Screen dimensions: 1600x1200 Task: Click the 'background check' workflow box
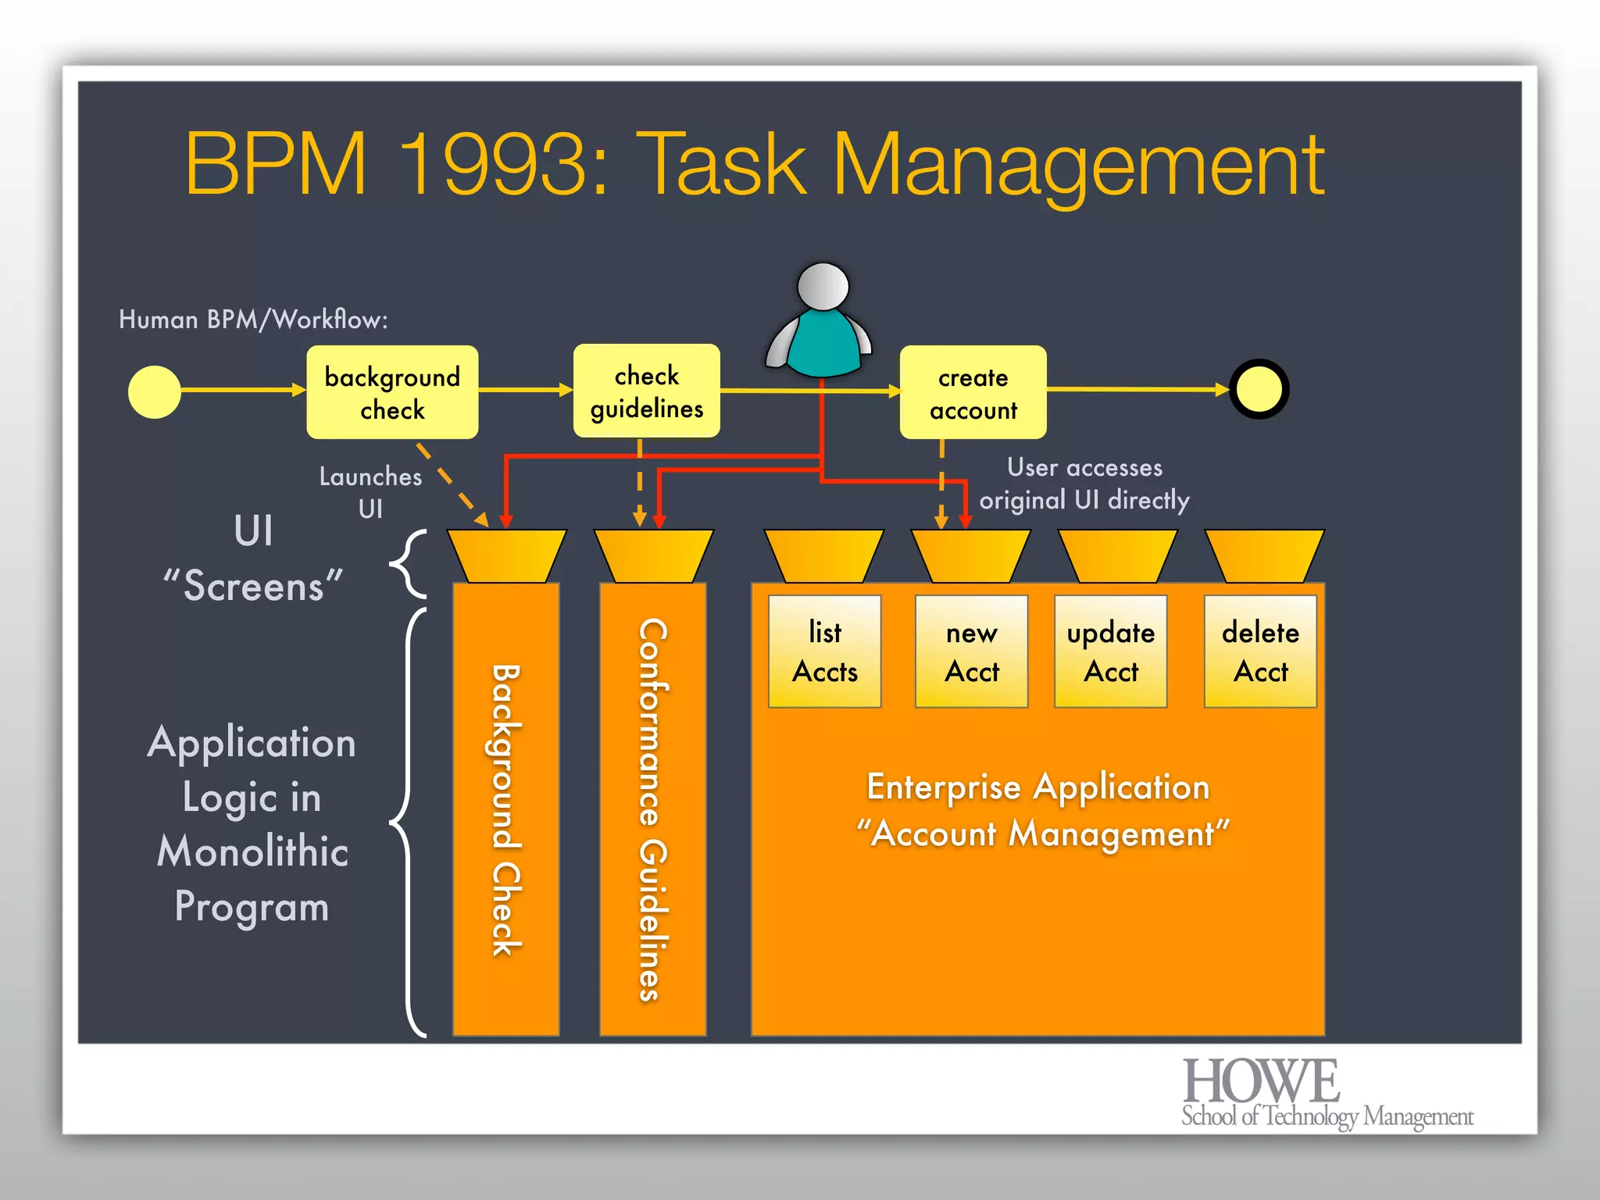click(392, 392)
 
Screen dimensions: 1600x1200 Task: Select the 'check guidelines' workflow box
click(646, 391)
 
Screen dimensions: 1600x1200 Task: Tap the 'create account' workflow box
click(973, 393)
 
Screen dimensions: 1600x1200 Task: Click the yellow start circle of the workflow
click(155, 392)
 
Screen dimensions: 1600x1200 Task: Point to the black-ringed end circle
click(1259, 389)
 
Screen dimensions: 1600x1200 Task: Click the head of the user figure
click(823, 285)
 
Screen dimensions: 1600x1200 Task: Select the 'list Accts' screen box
click(824, 652)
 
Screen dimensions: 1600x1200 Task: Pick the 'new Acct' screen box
click(971, 652)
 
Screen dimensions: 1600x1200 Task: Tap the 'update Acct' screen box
click(1110, 652)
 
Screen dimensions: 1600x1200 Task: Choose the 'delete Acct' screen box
click(1260, 652)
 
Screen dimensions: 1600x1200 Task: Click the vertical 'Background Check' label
click(505, 809)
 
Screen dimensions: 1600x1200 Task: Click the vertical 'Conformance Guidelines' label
click(652, 809)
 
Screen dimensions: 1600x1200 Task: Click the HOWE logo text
click(1261, 1082)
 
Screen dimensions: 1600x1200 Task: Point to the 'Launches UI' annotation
click(370, 492)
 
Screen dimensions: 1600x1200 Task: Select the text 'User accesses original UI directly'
click(1084, 484)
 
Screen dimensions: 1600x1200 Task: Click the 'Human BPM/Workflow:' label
click(253, 320)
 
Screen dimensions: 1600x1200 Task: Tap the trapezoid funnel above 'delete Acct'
click(1264, 555)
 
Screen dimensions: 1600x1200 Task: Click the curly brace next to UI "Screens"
click(409, 563)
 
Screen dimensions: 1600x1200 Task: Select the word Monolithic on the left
click(252, 852)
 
